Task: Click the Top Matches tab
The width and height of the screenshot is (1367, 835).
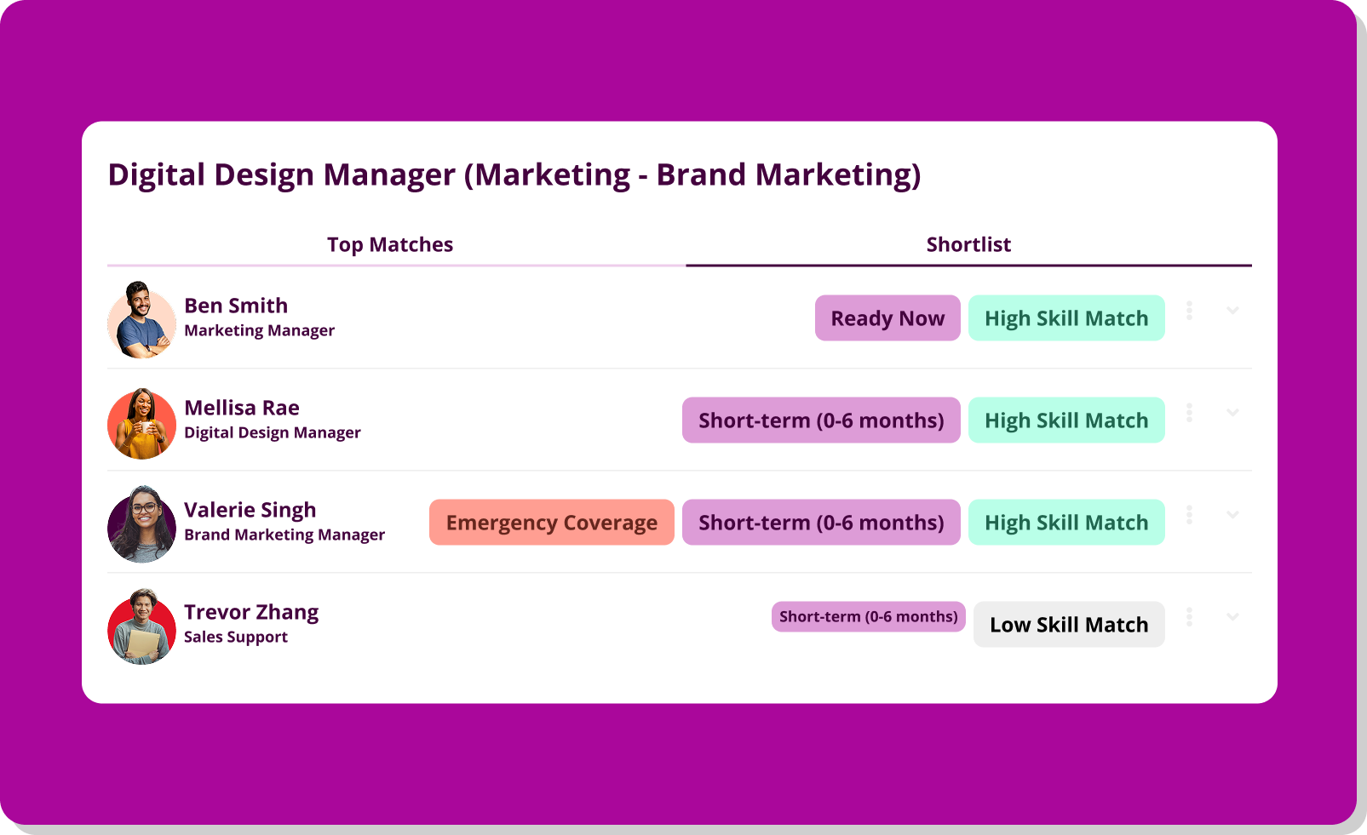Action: [x=390, y=244]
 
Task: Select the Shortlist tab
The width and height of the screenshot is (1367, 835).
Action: [x=968, y=244]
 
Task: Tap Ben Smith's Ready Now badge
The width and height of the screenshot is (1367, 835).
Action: [x=887, y=317]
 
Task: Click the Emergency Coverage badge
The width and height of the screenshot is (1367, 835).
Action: [x=552, y=522]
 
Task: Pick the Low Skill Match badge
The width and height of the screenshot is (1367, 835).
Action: [x=1069, y=625]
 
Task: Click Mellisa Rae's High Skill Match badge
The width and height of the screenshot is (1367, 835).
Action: [x=1066, y=420]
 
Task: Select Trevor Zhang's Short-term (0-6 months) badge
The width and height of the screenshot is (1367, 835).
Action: [x=868, y=616]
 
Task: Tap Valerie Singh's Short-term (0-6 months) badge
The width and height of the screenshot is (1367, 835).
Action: [x=821, y=522]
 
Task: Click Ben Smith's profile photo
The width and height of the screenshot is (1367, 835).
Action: [x=141, y=319]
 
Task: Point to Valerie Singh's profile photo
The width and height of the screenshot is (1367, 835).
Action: [x=141, y=524]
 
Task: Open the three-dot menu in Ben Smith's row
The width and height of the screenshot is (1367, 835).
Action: [x=1189, y=311]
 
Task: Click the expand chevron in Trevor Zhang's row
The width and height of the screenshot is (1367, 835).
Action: [x=1232, y=616]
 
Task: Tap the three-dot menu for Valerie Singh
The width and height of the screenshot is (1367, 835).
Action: [x=1189, y=515]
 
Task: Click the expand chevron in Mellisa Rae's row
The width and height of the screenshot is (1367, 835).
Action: [x=1232, y=412]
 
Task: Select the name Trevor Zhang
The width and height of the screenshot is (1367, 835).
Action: [x=251, y=612]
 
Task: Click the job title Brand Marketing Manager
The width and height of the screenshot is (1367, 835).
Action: [x=284, y=535]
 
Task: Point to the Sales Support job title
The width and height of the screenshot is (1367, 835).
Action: [x=236, y=637]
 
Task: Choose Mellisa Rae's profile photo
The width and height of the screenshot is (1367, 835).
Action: [x=141, y=423]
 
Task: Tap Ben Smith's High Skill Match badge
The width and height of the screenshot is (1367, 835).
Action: [x=1066, y=317]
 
